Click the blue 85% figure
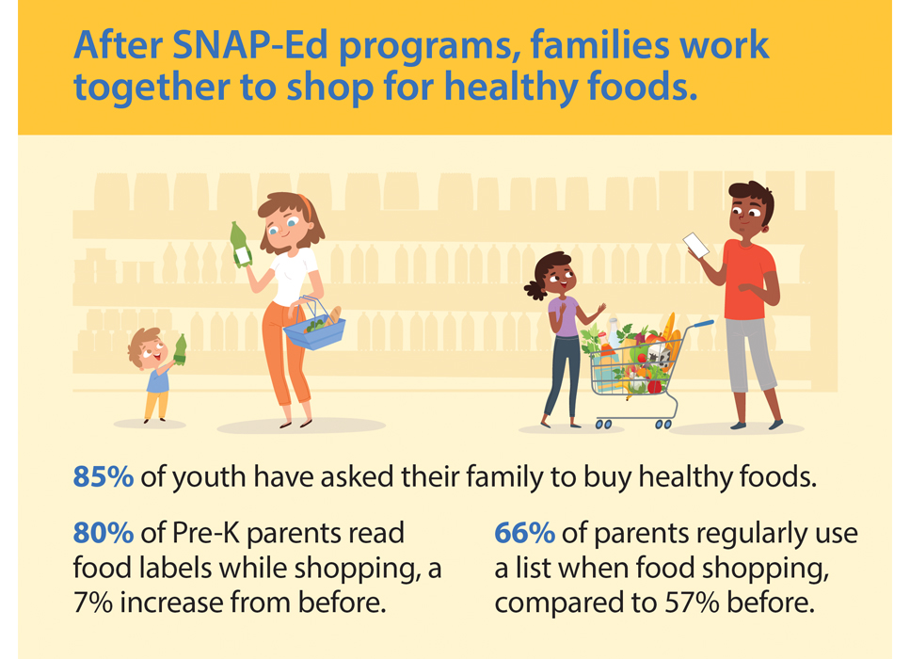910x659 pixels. (104, 476)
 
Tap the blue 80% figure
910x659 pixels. (104, 533)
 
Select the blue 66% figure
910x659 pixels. (525, 533)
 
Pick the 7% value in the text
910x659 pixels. (93, 603)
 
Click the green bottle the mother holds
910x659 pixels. (240, 245)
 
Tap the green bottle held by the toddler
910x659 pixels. (180, 349)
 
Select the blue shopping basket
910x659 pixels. (314, 328)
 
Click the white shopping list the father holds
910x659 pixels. (695, 245)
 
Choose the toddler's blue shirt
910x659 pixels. (158, 379)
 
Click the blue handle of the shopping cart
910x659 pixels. (703, 324)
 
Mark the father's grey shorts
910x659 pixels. (750, 354)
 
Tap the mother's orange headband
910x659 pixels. (306, 207)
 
